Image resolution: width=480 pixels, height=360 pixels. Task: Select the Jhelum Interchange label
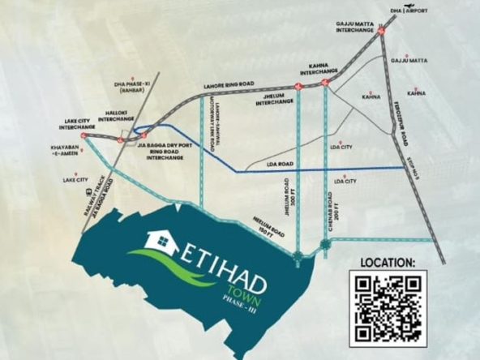(x=278, y=98)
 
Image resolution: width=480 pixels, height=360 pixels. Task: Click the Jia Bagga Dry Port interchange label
(x=169, y=150)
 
